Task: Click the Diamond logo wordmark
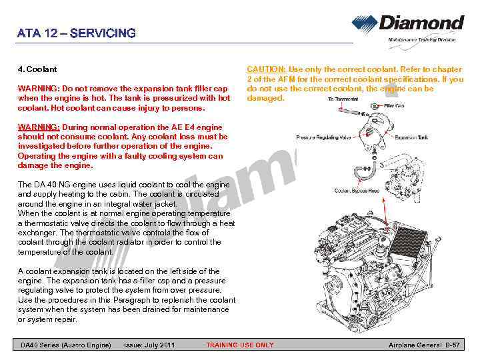[x=421, y=23]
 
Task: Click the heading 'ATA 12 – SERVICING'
[x=77, y=33]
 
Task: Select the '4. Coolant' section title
[x=37, y=69]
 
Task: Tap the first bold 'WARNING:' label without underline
[x=39, y=89]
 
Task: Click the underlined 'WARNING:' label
[x=39, y=127]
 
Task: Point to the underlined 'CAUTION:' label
[x=267, y=69]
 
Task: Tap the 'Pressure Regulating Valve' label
[x=323, y=138]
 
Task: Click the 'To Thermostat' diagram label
[x=343, y=99]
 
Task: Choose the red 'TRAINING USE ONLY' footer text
[x=239, y=345]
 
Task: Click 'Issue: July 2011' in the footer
[x=150, y=345]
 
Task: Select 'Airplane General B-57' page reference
[x=424, y=345]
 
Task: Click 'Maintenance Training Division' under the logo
[x=422, y=40]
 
